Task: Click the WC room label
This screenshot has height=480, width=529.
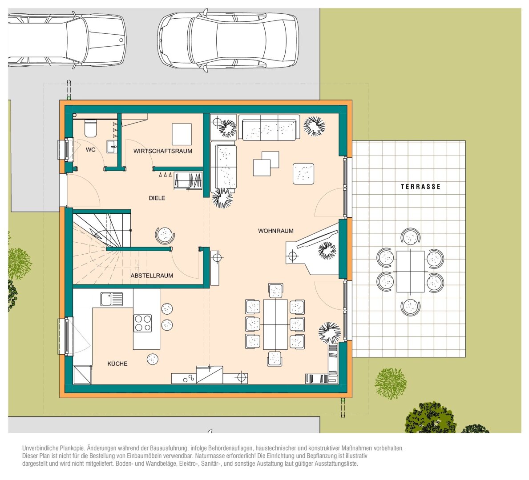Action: coord(90,150)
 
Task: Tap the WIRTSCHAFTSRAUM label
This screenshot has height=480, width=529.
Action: coord(162,151)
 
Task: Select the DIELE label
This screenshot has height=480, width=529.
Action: coord(157,198)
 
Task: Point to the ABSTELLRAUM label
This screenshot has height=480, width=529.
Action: coord(152,276)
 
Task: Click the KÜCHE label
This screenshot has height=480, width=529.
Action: coord(117,364)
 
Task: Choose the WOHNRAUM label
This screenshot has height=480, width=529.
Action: coord(276,231)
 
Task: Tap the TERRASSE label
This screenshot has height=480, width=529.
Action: coord(420,187)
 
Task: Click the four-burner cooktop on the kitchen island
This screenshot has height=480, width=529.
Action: coord(143,323)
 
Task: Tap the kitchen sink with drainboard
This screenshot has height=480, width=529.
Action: coord(112,299)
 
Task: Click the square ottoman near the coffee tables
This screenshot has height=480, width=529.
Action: coord(303,174)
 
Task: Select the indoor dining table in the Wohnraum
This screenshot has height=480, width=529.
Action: coord(275,324)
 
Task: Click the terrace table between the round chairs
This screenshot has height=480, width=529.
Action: coord(410,272)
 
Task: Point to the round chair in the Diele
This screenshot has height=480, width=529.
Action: coord(165,235)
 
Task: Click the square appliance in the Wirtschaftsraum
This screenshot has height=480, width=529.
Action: coord(182,134)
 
